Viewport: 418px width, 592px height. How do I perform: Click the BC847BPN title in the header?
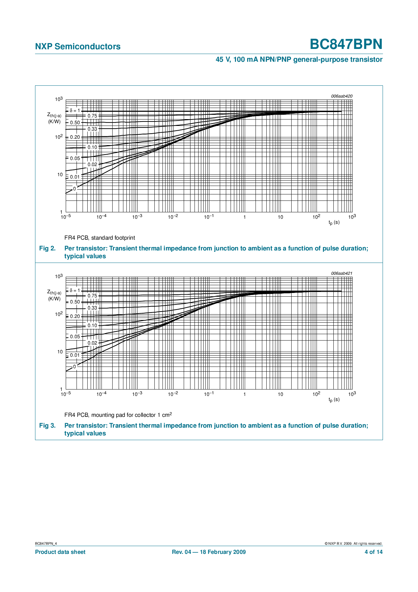pyautogui.click(x=346, y=45)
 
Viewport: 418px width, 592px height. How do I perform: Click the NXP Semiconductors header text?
pyautogui.click(x=78, y=47)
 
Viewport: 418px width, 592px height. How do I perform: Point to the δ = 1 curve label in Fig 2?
pyautogui.click(x=75, y=110)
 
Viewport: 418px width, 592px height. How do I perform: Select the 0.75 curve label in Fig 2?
pyautogui.click(x=92, y=116)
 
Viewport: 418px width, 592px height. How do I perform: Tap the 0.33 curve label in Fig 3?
pyautogui.click(x=92, y=308)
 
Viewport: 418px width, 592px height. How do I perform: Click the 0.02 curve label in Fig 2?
pyautogui.click(x=92, y=164)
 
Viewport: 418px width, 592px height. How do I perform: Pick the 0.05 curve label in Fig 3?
pyautogui.click(x=75, y=337)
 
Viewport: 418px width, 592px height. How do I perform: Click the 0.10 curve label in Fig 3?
pyautogui.click(x=92, y=325)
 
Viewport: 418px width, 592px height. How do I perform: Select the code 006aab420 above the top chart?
pyautogui.click(x=341, y=96)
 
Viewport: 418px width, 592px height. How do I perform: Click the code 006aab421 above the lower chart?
pyautogui.click(x=341, y=273)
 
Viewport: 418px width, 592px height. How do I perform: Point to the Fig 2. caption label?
pyautogui.click(x=48, y=248)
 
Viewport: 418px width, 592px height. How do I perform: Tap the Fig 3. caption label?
pyautogui.click(x=48, y=426)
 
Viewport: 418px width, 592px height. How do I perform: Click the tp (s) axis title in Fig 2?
pyautogui.click(x=334, y=222)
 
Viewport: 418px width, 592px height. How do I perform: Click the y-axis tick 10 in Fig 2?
pyautogui.click(x=60, y=174)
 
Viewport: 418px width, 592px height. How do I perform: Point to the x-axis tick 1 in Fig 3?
pyautogui.click(x=244, y=394)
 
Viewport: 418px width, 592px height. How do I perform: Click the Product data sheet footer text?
pyautogui.click(x=60, y=552)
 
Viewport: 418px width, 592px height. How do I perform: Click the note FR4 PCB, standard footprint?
pyautogui.click(x=100, y=238)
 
